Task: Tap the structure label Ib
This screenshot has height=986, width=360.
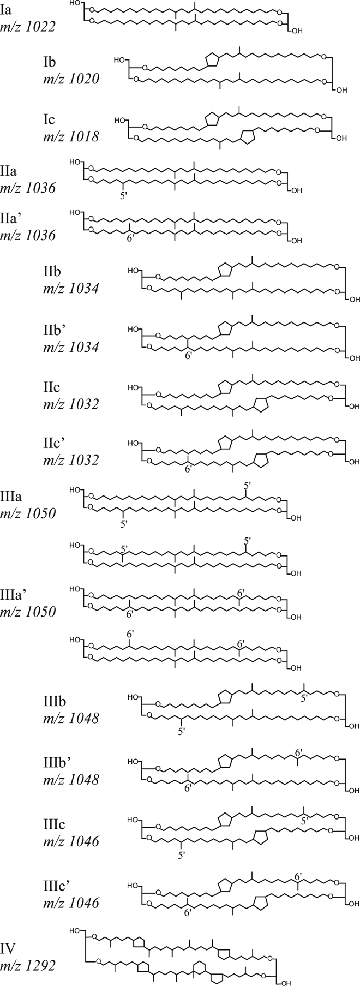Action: (51, 62)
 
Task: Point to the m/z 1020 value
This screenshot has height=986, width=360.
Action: (71, 78)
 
